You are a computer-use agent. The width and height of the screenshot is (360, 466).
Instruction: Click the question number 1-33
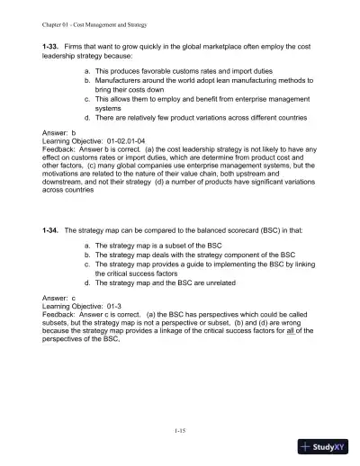click(x=52, y=44)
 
